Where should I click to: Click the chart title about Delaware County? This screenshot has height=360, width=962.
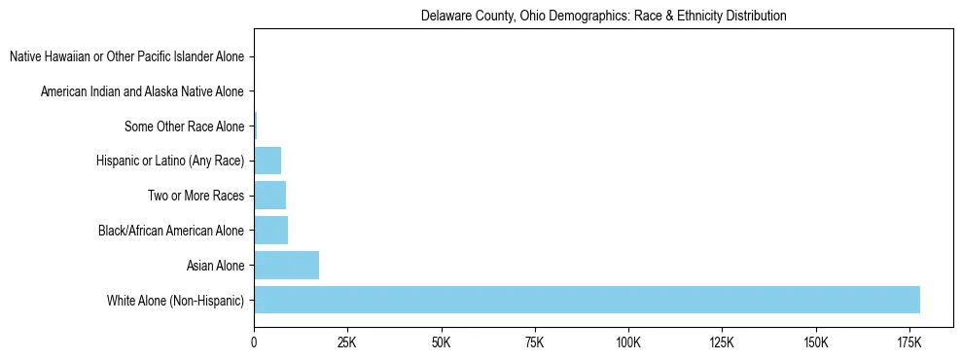click(603, 17)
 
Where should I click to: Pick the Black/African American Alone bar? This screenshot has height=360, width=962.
click(270, 230)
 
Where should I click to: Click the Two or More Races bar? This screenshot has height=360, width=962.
click(269, 196)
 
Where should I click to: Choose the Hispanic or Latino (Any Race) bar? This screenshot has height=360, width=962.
click(267, 161)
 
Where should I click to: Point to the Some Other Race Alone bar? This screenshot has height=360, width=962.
click(256, 126)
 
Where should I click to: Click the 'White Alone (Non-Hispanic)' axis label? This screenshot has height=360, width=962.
click(176, 301)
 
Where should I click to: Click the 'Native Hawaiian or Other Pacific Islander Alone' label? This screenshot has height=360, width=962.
click(126, 56)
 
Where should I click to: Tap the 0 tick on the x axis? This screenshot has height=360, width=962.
click(254, 343)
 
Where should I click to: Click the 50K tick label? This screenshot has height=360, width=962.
click(441, 343)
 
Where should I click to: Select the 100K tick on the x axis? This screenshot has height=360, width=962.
click(628, 343)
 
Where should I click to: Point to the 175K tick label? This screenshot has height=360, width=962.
click(909, 343)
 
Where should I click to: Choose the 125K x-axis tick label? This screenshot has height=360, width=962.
click(722, 343)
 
